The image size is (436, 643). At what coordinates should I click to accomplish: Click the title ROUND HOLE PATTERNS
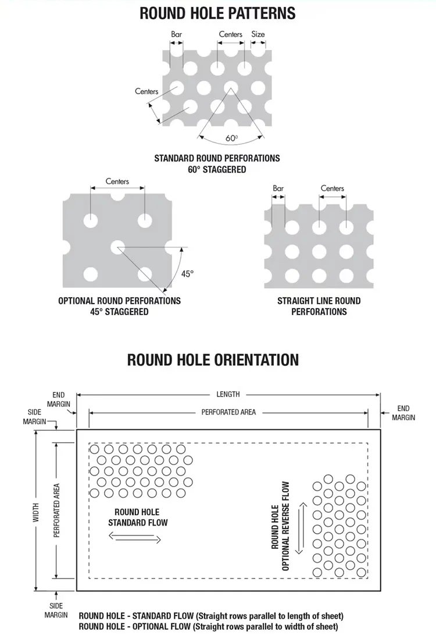[217, 13]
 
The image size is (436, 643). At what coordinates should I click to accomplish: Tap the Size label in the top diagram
[258, 34]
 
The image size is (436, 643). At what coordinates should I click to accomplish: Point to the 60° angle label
[231, 138]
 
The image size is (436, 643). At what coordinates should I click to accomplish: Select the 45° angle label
[187, 274]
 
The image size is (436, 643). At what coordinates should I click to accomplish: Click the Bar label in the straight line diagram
[278, 188]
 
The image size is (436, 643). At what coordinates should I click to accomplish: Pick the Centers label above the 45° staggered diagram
[117, 181]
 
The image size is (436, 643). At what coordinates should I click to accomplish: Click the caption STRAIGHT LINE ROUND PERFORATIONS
[319, 306]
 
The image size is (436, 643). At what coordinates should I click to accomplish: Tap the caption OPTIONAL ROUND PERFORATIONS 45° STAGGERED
[119, 306]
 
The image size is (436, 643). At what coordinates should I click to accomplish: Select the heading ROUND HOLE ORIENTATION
[213, 359]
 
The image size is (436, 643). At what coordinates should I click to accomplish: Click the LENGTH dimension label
[228, 394]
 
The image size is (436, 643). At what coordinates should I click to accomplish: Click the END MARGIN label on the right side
[403, 413]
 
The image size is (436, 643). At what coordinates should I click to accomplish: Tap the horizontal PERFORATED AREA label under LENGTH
[228, 412]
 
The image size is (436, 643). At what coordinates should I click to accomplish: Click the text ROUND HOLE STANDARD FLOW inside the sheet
[138, 517]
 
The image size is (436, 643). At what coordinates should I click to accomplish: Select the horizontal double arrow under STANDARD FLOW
[135, 538]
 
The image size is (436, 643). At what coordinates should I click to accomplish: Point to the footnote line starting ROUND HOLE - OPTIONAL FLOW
[208, 627]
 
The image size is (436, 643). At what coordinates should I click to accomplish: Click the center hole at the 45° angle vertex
[117, 247]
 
